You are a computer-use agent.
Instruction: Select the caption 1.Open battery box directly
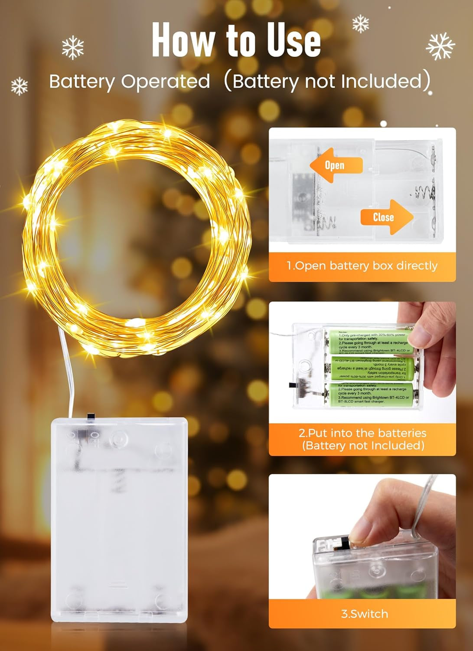pos(362,266)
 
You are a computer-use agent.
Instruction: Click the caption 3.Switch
pos(364,614)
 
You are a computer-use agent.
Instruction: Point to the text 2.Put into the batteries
pos(362,433)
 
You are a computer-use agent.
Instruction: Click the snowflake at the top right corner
pos(440,46)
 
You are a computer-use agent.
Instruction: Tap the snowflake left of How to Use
pos(72,47)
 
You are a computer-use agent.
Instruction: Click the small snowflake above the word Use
pos(360,23)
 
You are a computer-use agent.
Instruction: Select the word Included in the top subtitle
pos(382,82)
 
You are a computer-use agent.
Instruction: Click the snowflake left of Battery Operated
pos(19,86)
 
